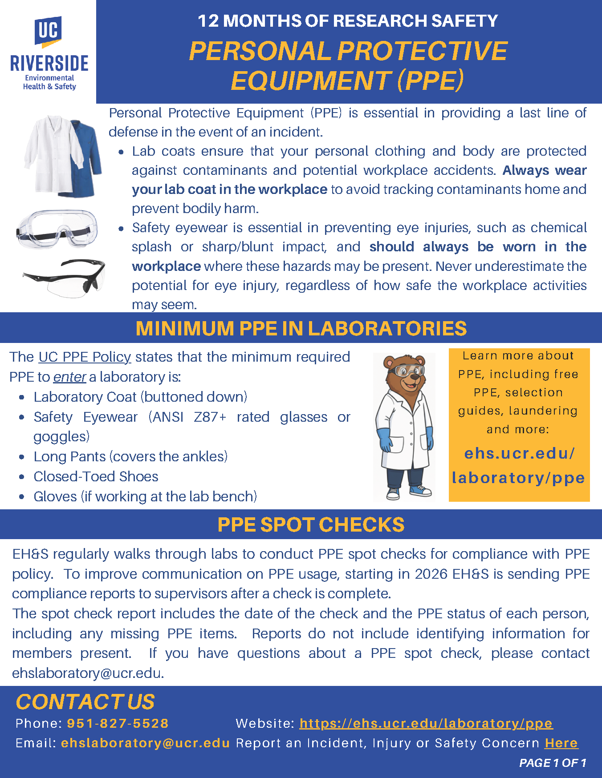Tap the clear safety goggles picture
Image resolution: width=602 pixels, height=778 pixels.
pyautogui.click(x=57, y=229)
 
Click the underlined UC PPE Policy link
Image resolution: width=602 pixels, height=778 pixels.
pyautogui.click(x=85, y=357)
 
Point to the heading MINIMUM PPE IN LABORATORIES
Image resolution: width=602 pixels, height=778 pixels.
pyautogui.click(x=301, y=328)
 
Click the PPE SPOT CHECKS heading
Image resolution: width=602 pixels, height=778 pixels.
pyautogui.click(x=311, y=524)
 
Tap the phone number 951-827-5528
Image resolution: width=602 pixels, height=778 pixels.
pyautogui.click(x=118, y=723)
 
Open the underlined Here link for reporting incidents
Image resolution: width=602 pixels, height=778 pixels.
pyautogui.click(x=561, y=743)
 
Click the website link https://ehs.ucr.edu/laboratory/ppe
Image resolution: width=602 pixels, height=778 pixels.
pyautogui.click(x=426, y=723)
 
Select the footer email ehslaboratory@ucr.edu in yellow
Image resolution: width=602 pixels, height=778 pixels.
pyautogui.click(x=145, y=743)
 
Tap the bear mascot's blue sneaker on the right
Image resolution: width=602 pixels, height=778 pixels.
pyautogui.click(x=420, y=490)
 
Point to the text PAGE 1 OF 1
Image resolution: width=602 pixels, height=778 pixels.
pyautogui.click(x=552, y=763)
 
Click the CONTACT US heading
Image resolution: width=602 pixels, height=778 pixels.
pyautogui.click(x=85, y=702)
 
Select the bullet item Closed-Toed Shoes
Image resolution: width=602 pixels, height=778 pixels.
pyautogui.click(x=96, y=476)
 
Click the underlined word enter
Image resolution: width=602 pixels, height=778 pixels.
pyautogui.click(x=69, y=377)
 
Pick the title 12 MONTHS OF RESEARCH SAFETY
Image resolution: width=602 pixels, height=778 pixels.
pyautogui.click(x=348, y=21)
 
